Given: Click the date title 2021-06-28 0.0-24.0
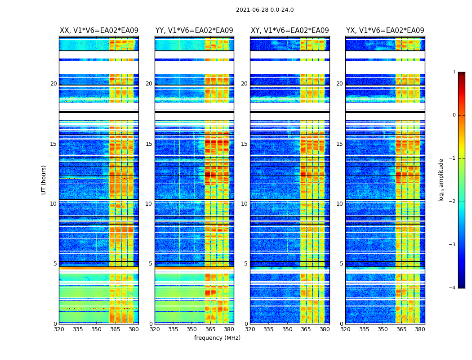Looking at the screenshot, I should click(265, 10).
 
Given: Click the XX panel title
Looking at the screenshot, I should click(99, 31).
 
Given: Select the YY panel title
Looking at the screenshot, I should click(194, 31).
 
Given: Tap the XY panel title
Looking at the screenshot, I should click(290, 31).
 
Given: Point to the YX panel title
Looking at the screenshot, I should click(385, 31).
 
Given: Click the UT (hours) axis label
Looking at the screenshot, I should click(44, 180).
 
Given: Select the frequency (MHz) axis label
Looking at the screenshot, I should click(217, 338).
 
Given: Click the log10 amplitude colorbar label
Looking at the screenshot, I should click(441, 180).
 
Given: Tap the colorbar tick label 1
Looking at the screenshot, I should click(454, 72).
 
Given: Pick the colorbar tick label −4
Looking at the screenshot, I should click(453, 288).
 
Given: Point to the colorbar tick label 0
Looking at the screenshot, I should click(454, 115).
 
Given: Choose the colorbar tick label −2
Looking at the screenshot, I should click(453, 202).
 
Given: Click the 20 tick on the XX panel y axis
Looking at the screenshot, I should click(53, 84).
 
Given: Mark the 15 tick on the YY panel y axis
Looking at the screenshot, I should click(149, 144).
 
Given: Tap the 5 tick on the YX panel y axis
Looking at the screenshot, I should click(342, 264).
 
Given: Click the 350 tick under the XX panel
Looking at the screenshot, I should click(96, 329).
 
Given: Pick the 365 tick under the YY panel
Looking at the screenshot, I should click(210, 329).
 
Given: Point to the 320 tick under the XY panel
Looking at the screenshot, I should click(250, 329).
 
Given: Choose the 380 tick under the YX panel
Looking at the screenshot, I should click(420, 329).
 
